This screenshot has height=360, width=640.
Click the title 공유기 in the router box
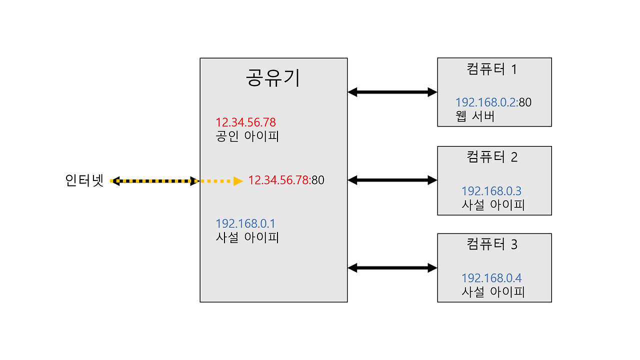click(x=273, y=78)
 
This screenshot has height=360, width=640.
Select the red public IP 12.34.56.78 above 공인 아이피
click(x=245, y=122)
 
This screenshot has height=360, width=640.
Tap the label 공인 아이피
click(x=247, y=136)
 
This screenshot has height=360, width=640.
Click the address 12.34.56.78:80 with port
click(x=286, y=180)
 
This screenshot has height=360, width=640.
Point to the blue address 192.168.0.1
click(x=245, y=223)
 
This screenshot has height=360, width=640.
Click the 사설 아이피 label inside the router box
click(x=247, y=237)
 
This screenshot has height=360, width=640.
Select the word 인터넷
click(x=84, y=180)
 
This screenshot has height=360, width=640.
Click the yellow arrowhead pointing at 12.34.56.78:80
click(x=238, y=181)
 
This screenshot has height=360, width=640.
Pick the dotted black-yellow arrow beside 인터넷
click(x=155, y=181)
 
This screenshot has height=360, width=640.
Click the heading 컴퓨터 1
click(x=491, y=69)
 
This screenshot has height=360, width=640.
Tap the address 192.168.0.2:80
click(x=493, y=103)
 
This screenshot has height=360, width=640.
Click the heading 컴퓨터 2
click(x=492, y=157)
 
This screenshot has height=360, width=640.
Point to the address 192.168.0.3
click(x=491, y=191)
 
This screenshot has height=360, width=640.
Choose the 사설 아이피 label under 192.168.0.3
click(x=493, y=205)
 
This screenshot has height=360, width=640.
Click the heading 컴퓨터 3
click(x=492, y=244)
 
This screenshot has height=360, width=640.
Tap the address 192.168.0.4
click(x=491, y=278)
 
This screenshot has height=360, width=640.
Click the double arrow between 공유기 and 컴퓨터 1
click(x=392, y=92)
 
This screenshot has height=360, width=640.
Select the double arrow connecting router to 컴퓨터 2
click(x=392, y=180)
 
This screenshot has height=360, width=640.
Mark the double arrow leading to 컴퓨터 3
click(x=392, y=268)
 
